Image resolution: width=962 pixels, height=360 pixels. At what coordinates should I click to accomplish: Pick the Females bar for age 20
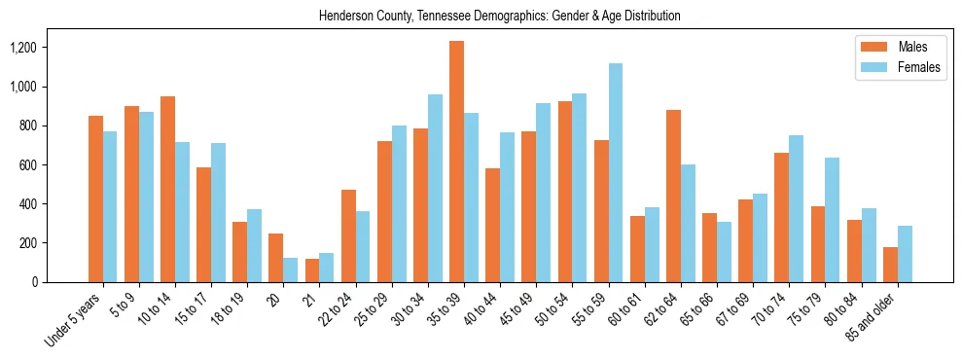pos(291,270)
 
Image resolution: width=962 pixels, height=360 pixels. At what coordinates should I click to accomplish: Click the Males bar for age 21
pos(312,270)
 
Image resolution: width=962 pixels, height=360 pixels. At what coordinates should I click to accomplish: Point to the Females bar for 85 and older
pos(905,254)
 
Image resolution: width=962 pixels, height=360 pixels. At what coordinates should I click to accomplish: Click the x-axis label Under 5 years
pos(73,318)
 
